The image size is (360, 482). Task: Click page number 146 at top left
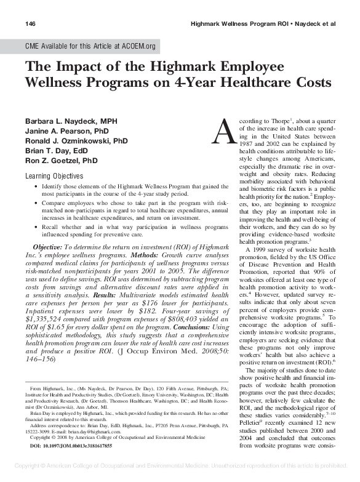tap(30, 23)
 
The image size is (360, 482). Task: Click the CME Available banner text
tap(89, 46)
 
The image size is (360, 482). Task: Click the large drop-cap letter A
tap(222, 129)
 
